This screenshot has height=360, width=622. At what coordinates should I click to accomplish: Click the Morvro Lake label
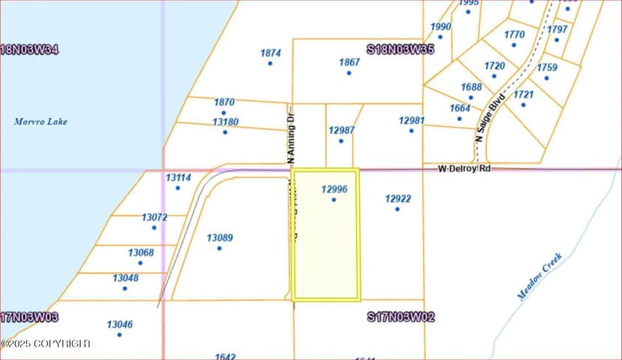pyautogui.click(x=41, y=121)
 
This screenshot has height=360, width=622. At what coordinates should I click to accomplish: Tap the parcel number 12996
pyautogui.click(x=334, y=189)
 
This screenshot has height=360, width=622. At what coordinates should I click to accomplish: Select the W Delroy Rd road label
pyautogui.click(x=464, y=169)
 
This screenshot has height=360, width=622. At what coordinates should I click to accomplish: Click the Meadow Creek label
pyautogui.click(x=539, y=277)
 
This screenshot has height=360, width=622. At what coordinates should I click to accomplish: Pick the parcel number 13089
pyautogui.click(x=219, y=238)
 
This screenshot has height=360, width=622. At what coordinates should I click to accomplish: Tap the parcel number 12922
pyautogui.click(x=397, y=199)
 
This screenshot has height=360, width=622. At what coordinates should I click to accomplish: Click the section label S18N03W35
pyautogui.click(x=400, y=50)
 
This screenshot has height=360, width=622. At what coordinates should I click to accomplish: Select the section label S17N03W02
pyautogui.click(x=400, y=317)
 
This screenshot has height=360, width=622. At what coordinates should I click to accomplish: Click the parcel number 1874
pyautogui.click(x=270, y=53)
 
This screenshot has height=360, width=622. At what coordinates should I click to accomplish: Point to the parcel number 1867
pyautogui.click(x=349, y=62)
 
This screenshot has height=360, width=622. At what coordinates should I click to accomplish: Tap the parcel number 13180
pyautogui.click(x=225, y=122)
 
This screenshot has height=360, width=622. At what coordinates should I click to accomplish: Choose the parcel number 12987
pyautogui.click(x=341, y=131)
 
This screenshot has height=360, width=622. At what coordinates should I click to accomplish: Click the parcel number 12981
pyautogui.click(x=412, y=120)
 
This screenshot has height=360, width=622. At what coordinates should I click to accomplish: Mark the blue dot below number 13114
pyautogui.click(x=178, y=188)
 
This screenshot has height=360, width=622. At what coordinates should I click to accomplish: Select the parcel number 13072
pyautogui.click(x=154, y=217)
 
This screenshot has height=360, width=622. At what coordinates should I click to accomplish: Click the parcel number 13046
pyautogui.click(x=119, y=325)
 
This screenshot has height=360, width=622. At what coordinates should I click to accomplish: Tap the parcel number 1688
pyautogui.click(x=472, y=87)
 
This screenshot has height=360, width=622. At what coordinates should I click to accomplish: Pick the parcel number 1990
pyautogui.click(x=441, y=27)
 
